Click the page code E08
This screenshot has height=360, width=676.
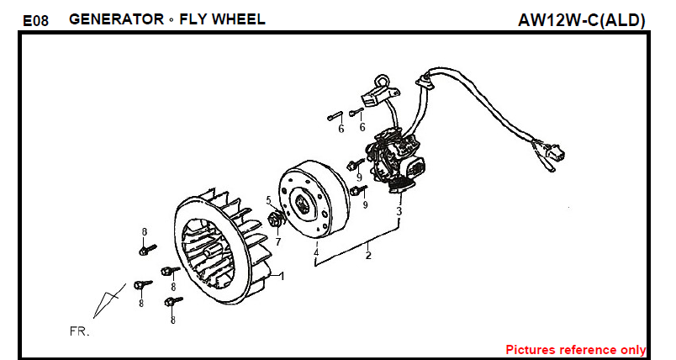[34, 20]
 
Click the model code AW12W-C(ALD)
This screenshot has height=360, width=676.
[582, 20]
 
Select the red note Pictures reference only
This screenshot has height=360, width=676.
[575, 349]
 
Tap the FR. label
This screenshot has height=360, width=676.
[79, 331]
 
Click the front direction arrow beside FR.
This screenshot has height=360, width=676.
[110, 300]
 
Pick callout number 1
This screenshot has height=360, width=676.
[282, 276]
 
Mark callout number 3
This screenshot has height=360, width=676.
[399, 212]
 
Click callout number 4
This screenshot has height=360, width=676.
[316, 251]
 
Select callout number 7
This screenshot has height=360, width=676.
[277, 241]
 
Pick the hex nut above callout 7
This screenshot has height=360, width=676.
[274, 220]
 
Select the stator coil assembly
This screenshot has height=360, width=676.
[395, 156]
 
